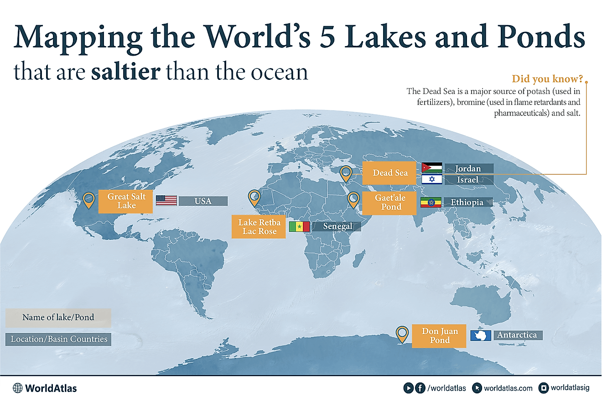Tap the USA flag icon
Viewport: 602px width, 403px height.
pyautogui.click(x=166, y=200)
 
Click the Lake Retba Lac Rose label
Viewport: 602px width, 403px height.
pyautogui.click(x=259, y=226)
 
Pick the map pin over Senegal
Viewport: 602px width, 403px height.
pyautogui.click(x=254, y=197)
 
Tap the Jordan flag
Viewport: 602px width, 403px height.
pyautogui.click(x=431, y=168)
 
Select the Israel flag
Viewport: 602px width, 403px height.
pyautogui.click(x=431, y=179)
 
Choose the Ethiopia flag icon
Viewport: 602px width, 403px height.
pyautogui.click(x=431, y=202)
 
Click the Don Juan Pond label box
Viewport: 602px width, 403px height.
pyautogui.click(x=439, y=336)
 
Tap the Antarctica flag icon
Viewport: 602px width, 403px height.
pyautogui.click(x=480, y=335)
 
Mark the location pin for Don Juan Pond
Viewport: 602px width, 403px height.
pyautogui.click(x=402, y=334)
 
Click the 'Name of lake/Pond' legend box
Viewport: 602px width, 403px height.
pyautogui.click(x=58, y=317)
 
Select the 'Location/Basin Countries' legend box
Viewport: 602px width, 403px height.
pyautogui.click(x=58, y=339)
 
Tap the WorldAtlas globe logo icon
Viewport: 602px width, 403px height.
pyautogui.click(x=18, y=388)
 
